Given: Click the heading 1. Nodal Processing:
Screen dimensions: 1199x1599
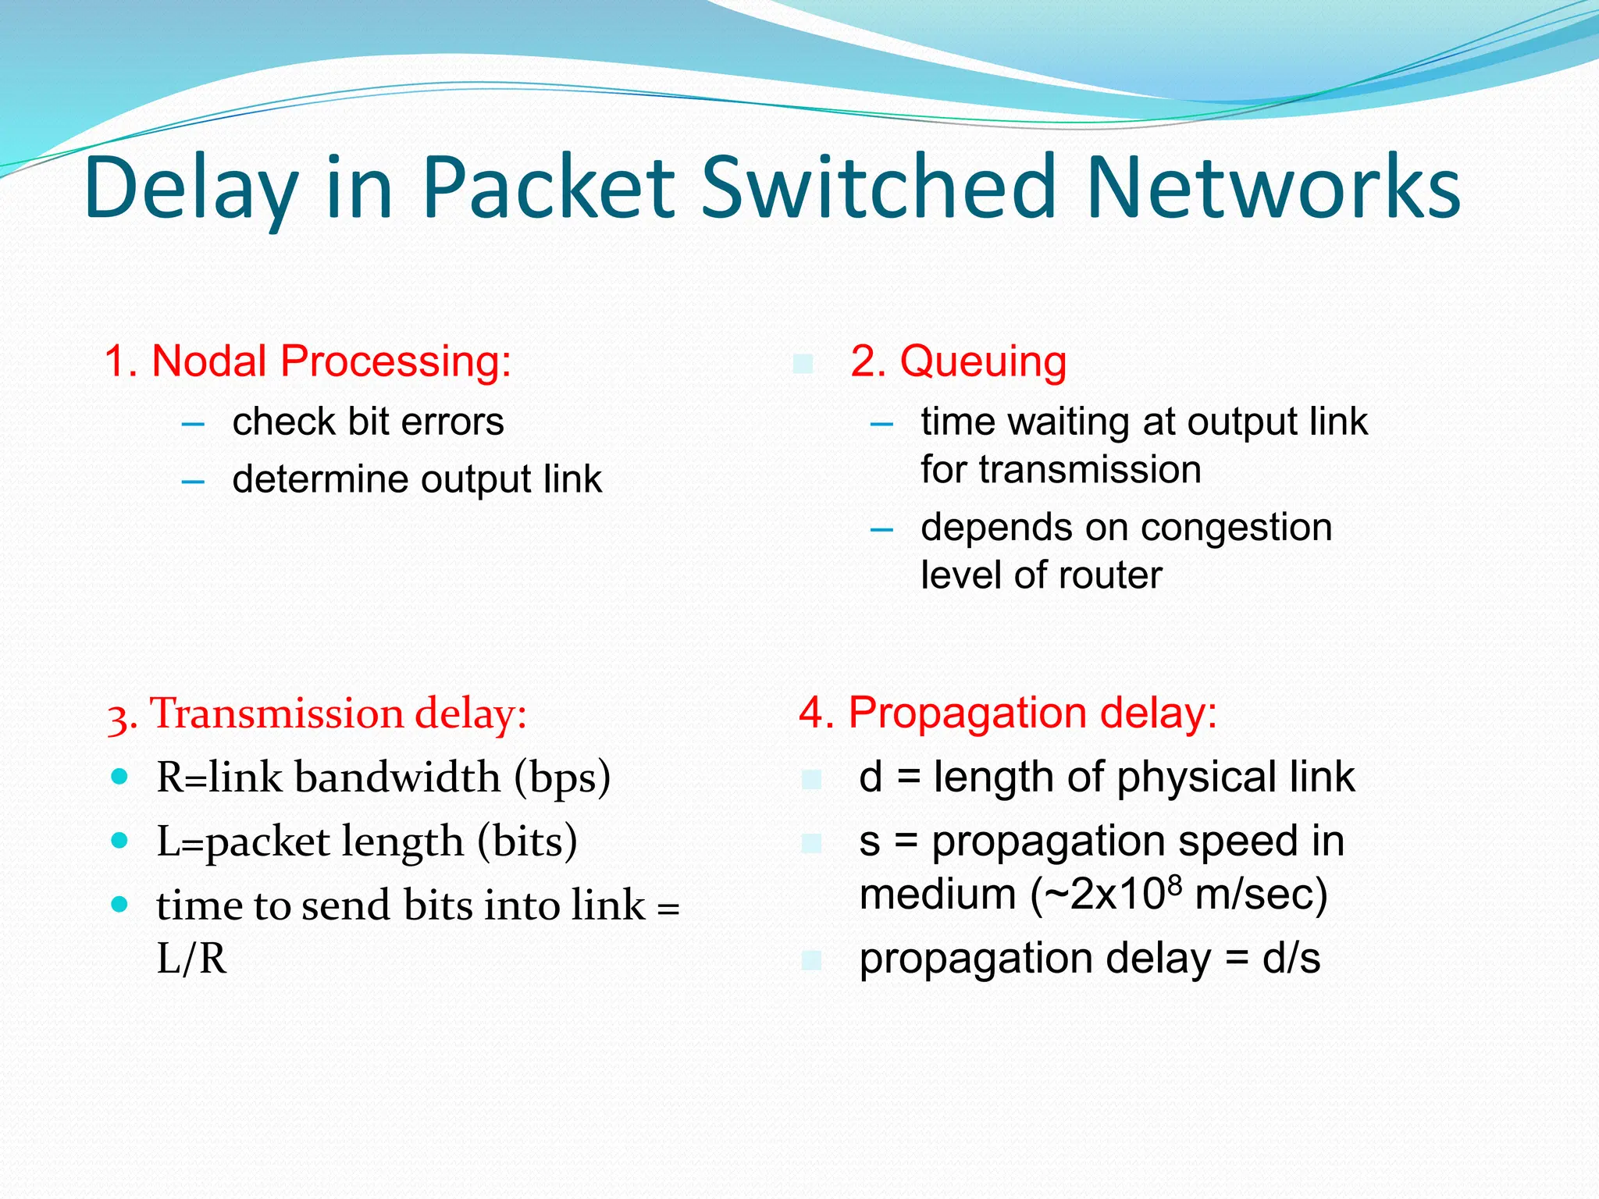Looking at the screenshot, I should pyautogui.click(x=308, y=361).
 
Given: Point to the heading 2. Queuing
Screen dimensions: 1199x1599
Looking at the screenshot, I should pyautogui.click(x=958, y=361).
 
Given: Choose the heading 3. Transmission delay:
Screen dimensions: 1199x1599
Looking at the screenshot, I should pyautogui.click(x=317, y=713).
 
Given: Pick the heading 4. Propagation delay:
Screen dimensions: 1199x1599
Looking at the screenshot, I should pyautogui.click(x=1007, y=713).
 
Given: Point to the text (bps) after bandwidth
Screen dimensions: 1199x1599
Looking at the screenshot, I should pyautogui.click(x=562, y=777).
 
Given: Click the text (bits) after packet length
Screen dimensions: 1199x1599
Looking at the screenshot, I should pyautogui.click(x=527, y=841).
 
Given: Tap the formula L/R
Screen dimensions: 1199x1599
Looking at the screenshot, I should pyautogui.click(x=191, y=959).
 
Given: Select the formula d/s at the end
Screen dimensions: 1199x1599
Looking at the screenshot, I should pyautogui.click(x=1291, y=959).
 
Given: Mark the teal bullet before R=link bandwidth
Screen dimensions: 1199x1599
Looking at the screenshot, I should pyautogui.click(x=119, y=777).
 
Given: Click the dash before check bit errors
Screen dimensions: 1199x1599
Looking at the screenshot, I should pyautogui.click(x=192, y=424).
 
